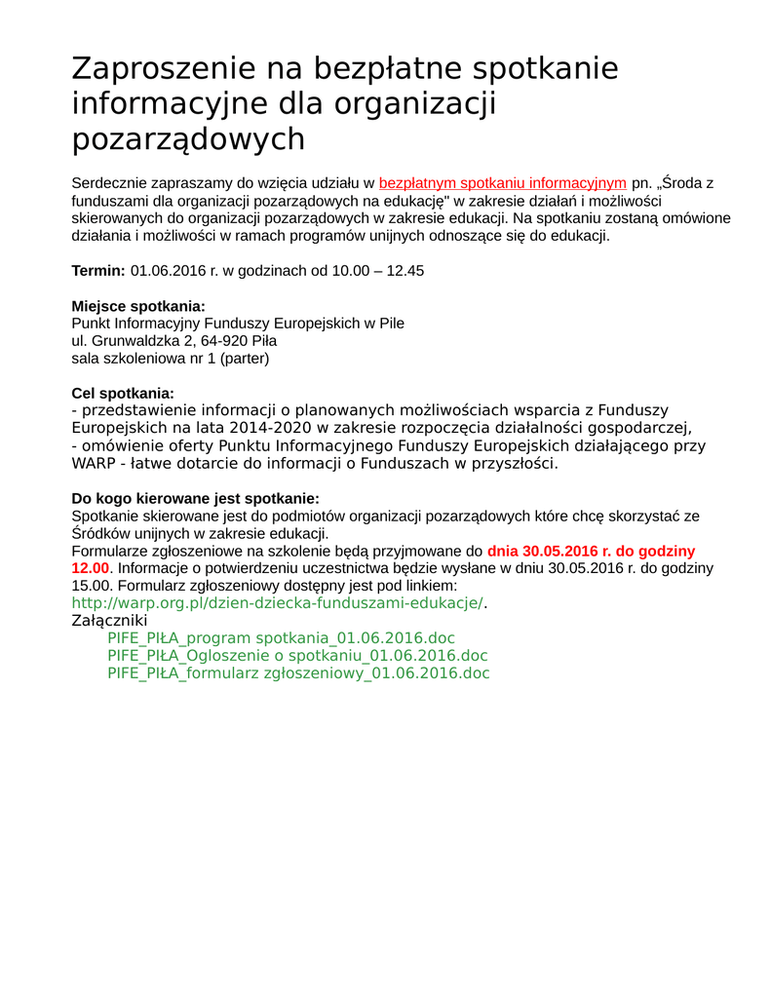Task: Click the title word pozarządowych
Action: coord(188,139)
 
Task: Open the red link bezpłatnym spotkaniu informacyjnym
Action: coord(502,183)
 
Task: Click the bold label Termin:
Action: coord(98,271)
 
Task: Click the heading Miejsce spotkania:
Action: coord(138,306)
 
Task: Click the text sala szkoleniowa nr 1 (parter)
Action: coord(171,359)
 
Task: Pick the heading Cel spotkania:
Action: coord(123,394)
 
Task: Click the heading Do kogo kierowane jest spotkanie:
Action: coord(196,499)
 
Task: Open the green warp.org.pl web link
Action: coord(278,603)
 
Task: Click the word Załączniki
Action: coord(109,621)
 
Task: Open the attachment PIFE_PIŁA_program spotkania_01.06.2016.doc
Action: coord(281,638)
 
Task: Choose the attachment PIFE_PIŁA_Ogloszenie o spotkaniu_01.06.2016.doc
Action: coord(297,656)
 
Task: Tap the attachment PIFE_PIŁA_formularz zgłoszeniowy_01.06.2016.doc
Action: coord(298,673)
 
